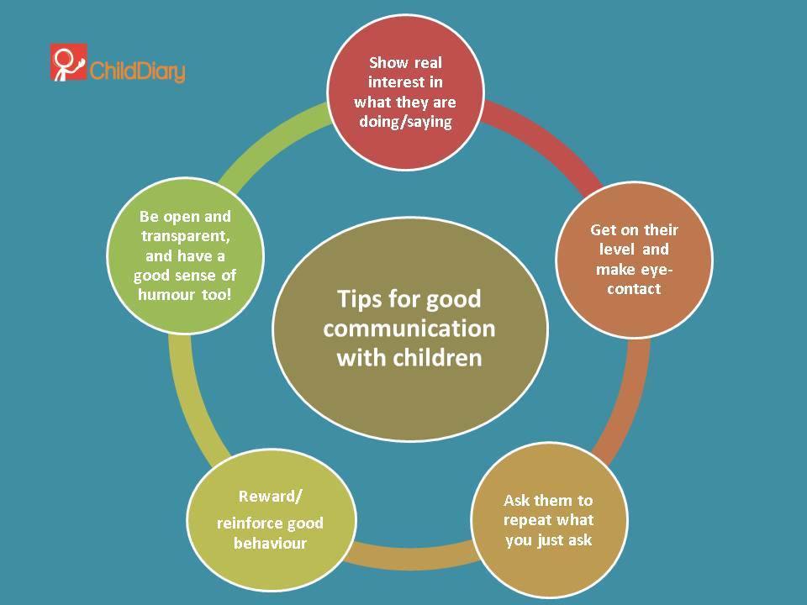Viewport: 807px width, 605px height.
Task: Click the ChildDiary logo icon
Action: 68,62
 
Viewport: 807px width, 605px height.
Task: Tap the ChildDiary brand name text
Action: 137,71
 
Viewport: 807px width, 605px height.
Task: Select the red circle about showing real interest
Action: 405,92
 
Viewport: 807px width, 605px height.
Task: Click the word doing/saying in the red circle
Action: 405,122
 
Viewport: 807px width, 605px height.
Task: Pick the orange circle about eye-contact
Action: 634,260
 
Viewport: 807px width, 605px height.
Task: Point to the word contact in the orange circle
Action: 634,288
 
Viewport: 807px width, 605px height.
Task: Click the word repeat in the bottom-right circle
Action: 525,520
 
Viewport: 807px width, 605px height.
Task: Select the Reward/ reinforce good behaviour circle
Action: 272,520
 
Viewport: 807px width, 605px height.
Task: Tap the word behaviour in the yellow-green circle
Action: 270,544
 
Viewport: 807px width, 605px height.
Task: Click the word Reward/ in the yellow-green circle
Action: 270,497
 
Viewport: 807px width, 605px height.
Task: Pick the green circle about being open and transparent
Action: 185,255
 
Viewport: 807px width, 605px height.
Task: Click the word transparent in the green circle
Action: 185,236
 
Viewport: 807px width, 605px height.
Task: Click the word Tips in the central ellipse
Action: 358,299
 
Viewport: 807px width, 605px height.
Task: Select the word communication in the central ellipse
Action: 409,329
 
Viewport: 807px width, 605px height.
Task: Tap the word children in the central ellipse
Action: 437,358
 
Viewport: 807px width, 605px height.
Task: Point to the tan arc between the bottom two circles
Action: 412,555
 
